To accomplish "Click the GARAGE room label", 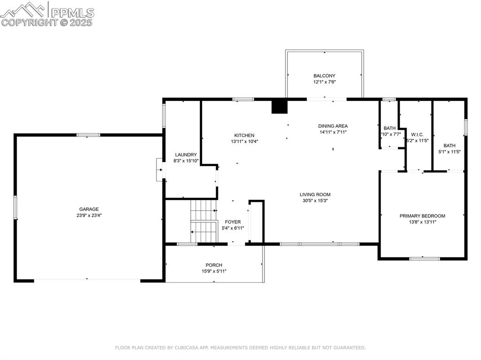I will click(89, 209).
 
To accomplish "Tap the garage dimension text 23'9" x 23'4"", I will click(89, 216).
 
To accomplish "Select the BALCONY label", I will click(325, 76).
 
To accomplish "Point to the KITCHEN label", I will click(244, 135).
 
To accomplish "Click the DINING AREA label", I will click(333, 126).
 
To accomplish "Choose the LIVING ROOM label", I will click(315, 194).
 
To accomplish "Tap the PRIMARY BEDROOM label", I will click(422, 216).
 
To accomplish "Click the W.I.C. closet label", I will click(417, 134).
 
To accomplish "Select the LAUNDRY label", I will click(186, 154).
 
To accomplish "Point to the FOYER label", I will click(233, 222).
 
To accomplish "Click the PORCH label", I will click(214, 265).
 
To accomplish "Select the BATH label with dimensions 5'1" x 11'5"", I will click(449, 146).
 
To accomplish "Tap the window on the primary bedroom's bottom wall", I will click(424, 258).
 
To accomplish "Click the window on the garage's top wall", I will click(88, 135).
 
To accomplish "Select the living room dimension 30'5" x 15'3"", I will click(315, 201).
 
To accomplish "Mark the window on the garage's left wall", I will click(16, 207).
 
